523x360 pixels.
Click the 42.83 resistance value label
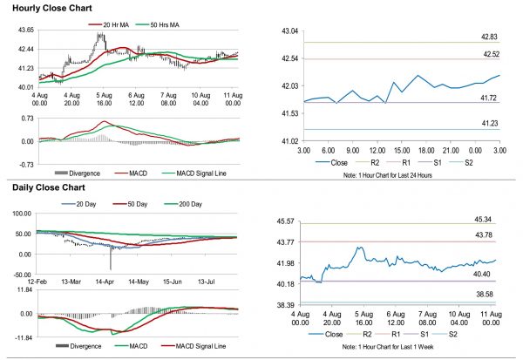pos(488,37)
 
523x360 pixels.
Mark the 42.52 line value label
pos(488,55)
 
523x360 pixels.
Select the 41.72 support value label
pos(488,98)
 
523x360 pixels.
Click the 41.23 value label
pos(488,125)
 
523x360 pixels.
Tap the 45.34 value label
pos(488,219)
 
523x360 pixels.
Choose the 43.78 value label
pos(488,235)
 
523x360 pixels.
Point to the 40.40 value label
pos(488,275)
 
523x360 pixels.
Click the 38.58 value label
pos(488,296)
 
